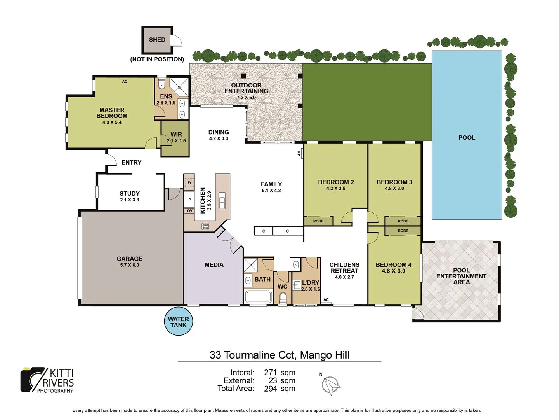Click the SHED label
[157, 40]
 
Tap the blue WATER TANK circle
[179, 322]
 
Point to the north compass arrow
[331, 385]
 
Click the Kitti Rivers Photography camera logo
[33, 380]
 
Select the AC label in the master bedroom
[125, 82]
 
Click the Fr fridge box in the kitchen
[189, 182]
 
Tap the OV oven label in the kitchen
[189, 211]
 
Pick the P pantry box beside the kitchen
[189, 200]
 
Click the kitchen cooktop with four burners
[205, 226]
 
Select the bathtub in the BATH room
[259, 297]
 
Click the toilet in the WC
[283, 298]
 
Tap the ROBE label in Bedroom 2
[318, 221]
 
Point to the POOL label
[467, 138]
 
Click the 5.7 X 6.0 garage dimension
[129, 265]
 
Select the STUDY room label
[129, 193]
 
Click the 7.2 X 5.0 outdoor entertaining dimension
[246, 98]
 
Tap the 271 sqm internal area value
[279, 373]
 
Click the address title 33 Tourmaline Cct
[279, 355]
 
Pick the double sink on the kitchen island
[222, 200]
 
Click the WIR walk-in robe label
[176, 134]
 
